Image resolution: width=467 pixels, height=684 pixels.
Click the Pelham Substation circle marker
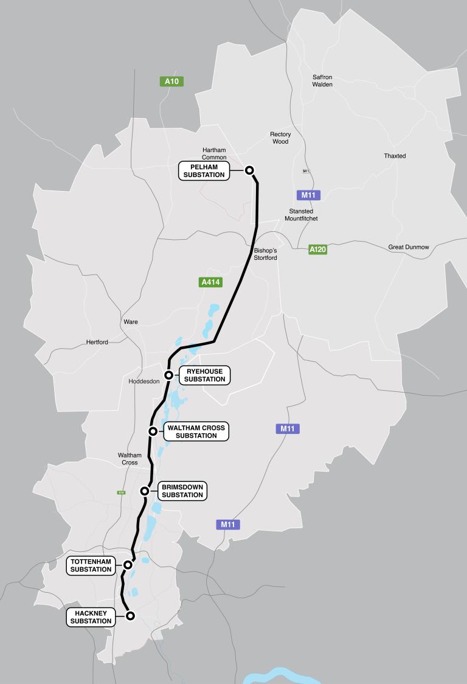click(249, 170)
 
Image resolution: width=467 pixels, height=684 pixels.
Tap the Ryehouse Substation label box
click(204, 375)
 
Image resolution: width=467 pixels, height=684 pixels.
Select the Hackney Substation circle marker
click(130, 616)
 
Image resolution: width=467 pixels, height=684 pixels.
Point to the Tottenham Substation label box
click(91, 566)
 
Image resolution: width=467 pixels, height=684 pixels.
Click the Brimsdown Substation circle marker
click(145, 491)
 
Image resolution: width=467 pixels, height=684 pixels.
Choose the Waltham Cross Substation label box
click(196, 431)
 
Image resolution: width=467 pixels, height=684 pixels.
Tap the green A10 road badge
click(171, 81)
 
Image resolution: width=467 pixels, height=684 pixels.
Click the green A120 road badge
click(317, 250)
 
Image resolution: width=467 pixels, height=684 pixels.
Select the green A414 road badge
click(211, 282)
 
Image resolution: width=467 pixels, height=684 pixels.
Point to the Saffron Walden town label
click(322, 81)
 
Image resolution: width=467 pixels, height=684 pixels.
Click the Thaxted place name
click(395, 156)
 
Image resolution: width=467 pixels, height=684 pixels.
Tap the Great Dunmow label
click(409, 247)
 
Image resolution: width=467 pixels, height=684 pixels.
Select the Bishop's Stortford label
click(266, 254)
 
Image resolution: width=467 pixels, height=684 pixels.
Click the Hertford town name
click(97, 342)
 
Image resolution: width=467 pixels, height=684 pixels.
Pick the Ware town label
click(130, 322)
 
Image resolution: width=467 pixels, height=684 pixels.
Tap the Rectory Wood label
click(280, 138)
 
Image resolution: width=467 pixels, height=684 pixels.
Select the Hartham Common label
click(214, 154)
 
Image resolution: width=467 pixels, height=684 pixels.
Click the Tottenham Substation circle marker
click(128, 565)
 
